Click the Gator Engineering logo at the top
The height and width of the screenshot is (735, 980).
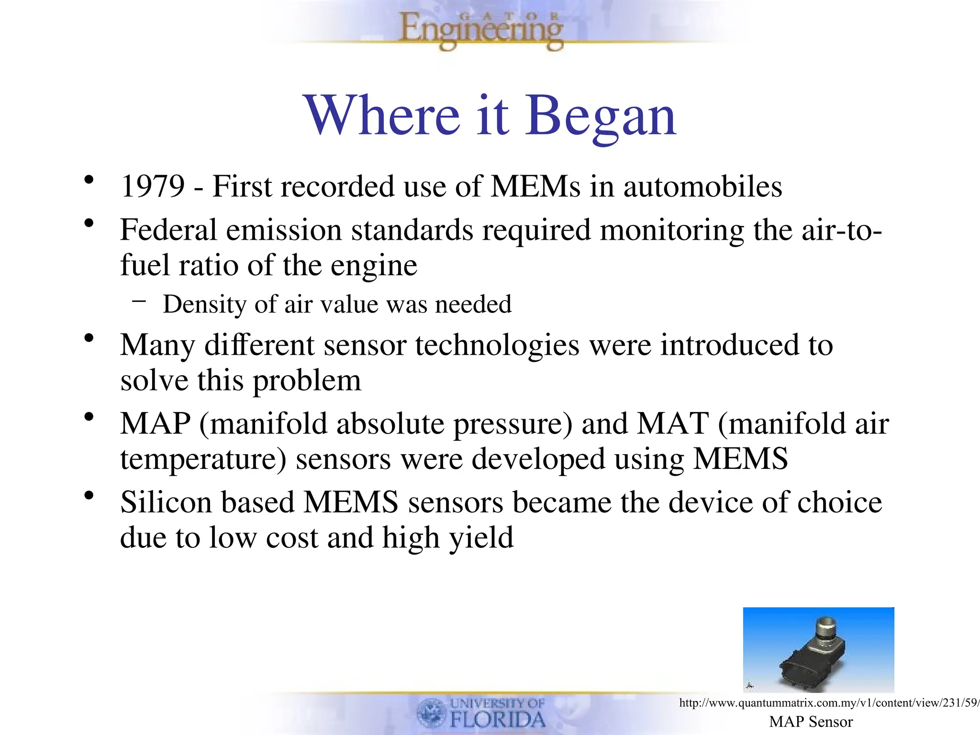coord(481,30)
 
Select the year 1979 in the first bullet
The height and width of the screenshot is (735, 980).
coord(153,186)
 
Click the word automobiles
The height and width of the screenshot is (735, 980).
coord(702,186)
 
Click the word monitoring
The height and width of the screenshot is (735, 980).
coord(671,231)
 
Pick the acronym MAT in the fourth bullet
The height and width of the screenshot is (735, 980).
coord(672,423)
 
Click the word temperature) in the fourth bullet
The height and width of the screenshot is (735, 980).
coord(203,459)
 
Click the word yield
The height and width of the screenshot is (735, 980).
coord(480,538)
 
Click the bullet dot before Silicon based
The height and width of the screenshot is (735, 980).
coord(89,496)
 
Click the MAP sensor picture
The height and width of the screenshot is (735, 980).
coord(818,649)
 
